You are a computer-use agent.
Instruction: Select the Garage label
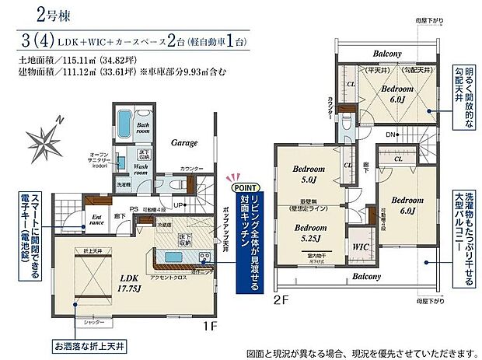(x=185, y=142)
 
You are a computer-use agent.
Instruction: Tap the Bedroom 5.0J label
(x=309, y=174)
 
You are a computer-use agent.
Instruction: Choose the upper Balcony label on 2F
(x=386, y=54)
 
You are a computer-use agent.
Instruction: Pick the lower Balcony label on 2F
(x=365, y=276)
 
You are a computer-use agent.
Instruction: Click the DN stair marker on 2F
(x=390, y=133)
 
